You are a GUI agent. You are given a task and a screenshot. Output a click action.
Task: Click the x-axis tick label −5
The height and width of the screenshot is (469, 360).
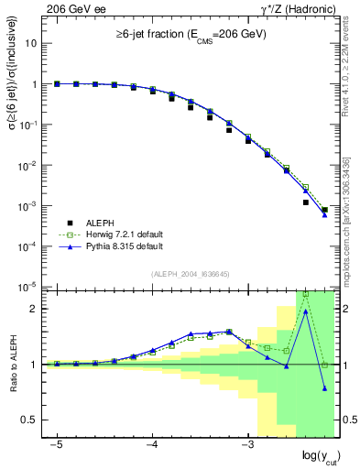click(56, 444)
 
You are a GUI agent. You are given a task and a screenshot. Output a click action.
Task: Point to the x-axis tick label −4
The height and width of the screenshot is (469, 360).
click(151, 444)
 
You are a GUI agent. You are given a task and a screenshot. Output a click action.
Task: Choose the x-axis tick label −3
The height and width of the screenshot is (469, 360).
click(246, 444)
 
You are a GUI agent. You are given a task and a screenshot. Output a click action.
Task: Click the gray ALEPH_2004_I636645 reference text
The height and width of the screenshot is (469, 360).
click(190, 274)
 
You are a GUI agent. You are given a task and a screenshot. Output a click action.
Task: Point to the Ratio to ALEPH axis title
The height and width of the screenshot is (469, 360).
click(14, 364)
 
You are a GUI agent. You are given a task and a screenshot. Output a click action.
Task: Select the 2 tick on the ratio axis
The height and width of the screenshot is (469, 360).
click(35, 308)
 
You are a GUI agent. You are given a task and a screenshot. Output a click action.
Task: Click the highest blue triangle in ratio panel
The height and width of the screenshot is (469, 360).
click(306, 311)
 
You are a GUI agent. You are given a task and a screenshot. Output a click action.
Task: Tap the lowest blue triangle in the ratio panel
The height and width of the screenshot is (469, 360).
click(325, 388)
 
